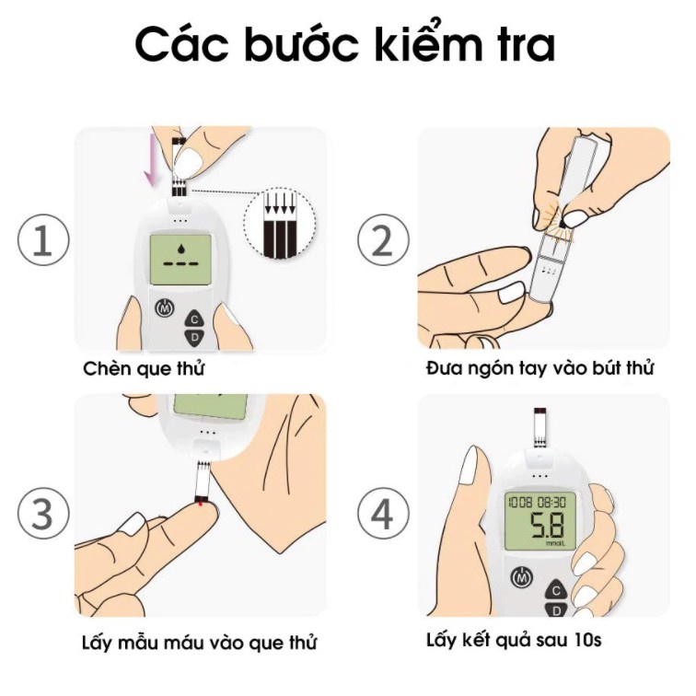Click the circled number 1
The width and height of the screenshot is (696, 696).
(x=43, y=239)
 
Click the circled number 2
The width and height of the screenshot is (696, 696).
(x=383, y=239)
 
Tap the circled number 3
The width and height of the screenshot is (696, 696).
(x=43, y=514)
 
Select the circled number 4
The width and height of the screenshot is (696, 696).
(x=383, y=514)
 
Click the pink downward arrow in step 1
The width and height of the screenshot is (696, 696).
(x=152, y=160)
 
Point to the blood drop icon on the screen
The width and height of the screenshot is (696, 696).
(x=180, y=249)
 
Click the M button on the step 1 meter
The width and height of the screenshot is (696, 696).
(x=165, y=307)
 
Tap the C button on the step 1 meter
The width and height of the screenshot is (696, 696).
(x=194, y=319)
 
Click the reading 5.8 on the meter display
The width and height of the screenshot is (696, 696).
(x=548, y=526)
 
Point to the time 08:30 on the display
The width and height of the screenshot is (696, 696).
(x=551, y=502)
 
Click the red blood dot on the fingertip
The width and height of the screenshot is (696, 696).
(x=201, y=504)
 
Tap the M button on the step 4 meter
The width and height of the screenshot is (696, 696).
(x=521, y=577)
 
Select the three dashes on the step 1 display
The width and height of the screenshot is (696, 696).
(x=180, y=263)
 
